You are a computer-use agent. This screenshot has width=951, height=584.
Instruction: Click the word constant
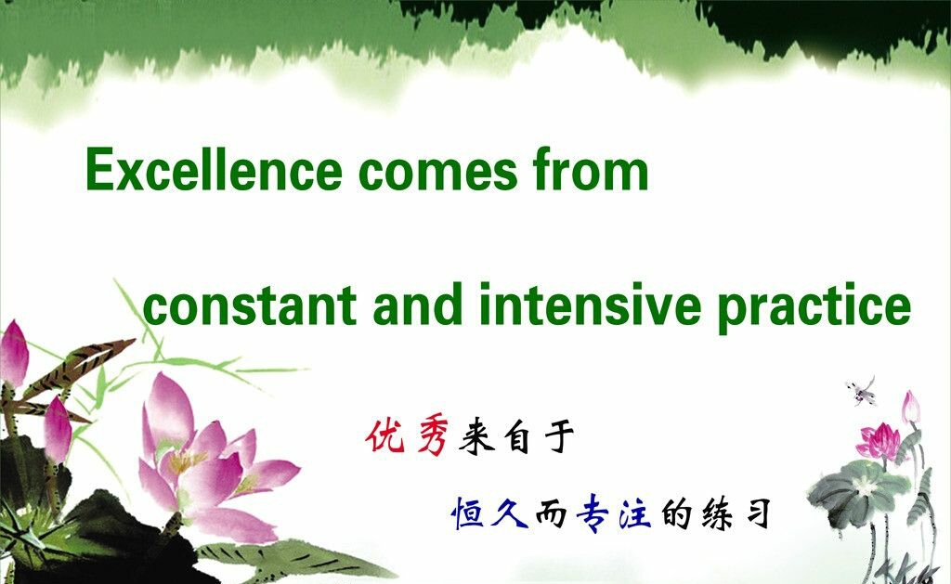click(x=249, y=305)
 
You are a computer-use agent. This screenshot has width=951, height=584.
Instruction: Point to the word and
click(x=419, y=305)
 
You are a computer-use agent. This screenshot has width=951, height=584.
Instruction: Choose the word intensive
click(x=590, y=305)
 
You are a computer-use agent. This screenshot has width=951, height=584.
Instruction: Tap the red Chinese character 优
click(x=385, y=435)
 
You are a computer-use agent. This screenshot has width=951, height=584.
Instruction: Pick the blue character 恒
click(x=468, y=513)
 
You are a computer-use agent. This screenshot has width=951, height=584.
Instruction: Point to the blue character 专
click(x=593, y=513)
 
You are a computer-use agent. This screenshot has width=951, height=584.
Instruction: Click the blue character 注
click(x=635, y=513)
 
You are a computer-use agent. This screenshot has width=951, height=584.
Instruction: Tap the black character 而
click(x=551, y=515)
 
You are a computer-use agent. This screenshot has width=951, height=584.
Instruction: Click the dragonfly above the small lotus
click(x=863, y=392)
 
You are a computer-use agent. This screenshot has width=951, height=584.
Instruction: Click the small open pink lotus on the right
click(x=879, y=442)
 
